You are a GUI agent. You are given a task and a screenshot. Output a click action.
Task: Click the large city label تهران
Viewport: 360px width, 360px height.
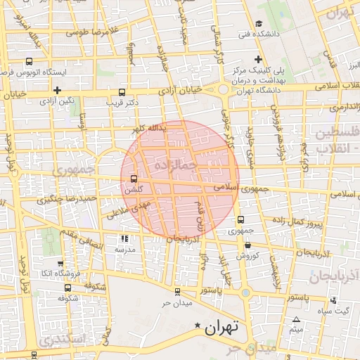coord(222,327)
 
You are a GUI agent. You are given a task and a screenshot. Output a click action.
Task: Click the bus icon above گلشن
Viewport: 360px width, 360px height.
coord(134,179)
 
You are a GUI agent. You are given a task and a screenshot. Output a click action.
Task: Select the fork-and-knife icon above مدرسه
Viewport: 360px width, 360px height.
coord(124,239)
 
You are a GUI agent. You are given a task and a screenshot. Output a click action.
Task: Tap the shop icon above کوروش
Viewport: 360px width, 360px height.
coord(249,244)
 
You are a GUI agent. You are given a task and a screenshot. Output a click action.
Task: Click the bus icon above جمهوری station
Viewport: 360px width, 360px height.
coord(241,219)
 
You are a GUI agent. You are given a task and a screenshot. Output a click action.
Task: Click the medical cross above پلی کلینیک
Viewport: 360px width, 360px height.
coord(258,60)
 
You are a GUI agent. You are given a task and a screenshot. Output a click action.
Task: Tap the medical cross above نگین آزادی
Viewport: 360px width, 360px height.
coord(57,90)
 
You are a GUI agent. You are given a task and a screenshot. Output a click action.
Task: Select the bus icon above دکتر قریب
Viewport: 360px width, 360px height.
coord(122,92)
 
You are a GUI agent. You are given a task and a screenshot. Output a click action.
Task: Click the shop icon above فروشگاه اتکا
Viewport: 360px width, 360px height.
coord(67,262)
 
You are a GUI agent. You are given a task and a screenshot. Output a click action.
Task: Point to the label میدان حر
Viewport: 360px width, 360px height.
coord(176,303)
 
